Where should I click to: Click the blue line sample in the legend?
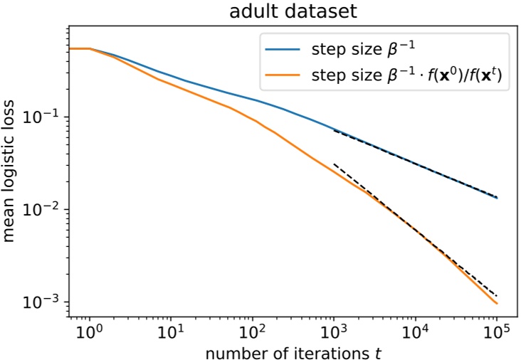click(x=284, y=50)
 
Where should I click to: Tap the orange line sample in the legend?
click(x=284, y=75)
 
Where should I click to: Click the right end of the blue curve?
click(x=497, y=198)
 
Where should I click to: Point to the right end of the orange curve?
click(x=497, y=304)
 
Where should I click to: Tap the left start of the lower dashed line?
click(x=334, y=164)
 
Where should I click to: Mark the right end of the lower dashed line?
click(x=497, y=295)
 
